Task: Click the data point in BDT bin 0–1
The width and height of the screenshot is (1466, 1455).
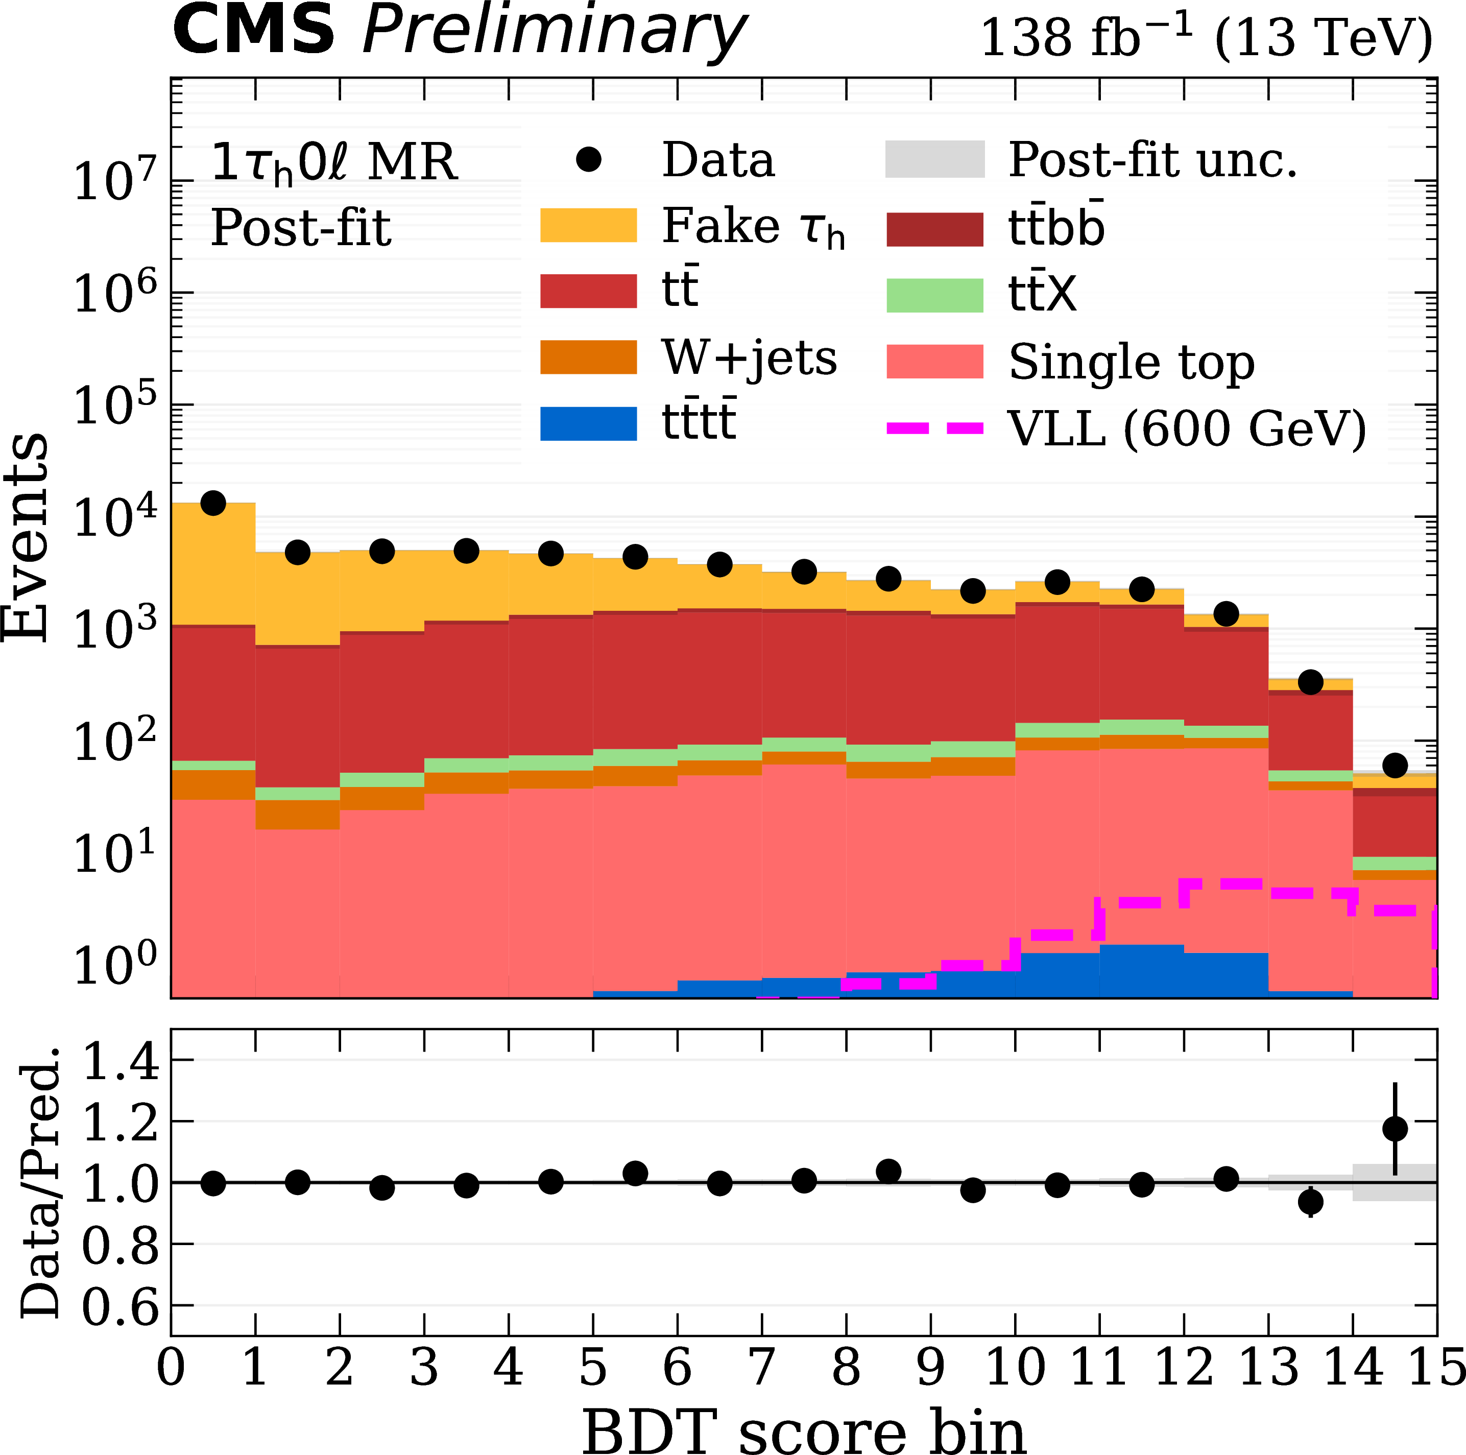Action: [213, 503]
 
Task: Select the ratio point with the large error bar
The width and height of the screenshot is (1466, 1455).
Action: [1395, 1129]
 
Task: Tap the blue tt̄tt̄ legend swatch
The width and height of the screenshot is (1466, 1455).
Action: [588, 423]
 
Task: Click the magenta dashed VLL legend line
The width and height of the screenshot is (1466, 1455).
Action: [935, 428]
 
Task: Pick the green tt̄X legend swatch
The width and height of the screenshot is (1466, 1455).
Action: [935, 295]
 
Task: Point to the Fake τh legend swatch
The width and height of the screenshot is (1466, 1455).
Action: [588, 225]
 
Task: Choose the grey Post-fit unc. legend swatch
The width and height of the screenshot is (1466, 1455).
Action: [935, 159]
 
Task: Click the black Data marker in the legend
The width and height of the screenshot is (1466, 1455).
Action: [589, 159]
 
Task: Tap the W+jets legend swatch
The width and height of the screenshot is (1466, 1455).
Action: [588, 357]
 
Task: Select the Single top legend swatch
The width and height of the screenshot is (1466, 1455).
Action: [935, 361]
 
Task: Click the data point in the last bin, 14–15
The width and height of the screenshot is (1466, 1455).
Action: [1395, 765]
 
